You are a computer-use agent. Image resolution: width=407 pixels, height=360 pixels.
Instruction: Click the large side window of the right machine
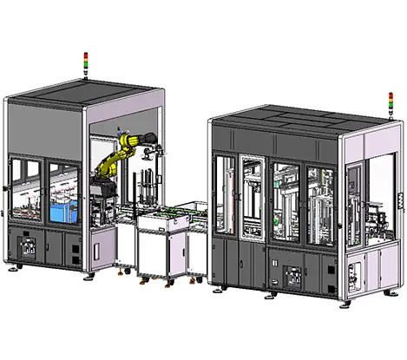pyautogui.click(x=357, y=199)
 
